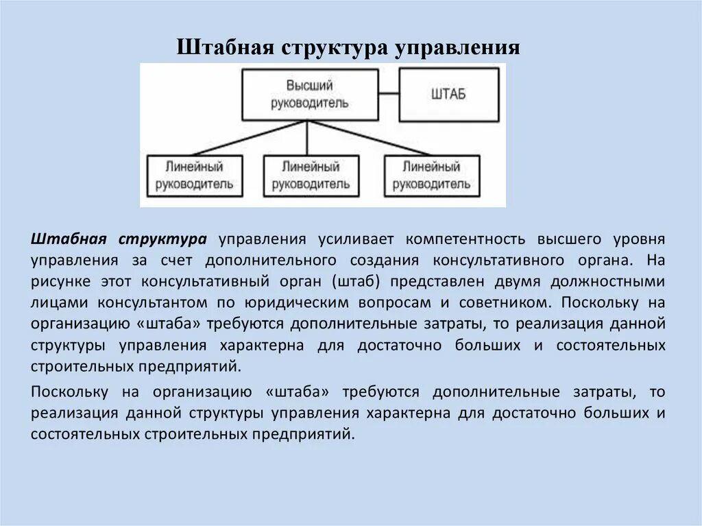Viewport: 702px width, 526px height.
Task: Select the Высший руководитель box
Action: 308,95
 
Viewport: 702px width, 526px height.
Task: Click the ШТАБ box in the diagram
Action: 448,95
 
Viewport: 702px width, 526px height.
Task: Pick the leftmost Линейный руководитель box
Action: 194,176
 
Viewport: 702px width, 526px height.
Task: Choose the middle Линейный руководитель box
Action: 310,176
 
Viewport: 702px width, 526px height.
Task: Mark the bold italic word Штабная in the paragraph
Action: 66,239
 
